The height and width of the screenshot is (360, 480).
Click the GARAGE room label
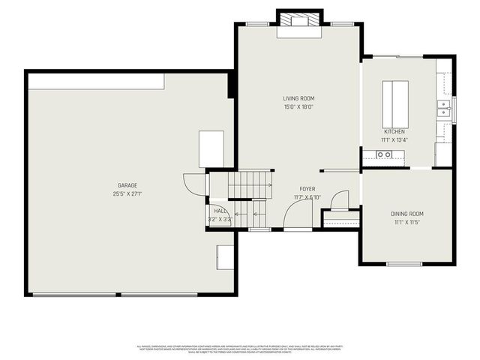127,185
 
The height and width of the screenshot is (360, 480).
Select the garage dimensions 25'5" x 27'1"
127,193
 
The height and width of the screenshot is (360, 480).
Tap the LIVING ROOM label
298,98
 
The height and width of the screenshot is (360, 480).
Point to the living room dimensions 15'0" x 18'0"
298,107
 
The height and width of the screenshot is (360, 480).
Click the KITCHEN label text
394,131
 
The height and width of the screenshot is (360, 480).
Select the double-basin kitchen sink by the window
444,109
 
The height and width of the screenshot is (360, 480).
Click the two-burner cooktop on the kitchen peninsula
383,154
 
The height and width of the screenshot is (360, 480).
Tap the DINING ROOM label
407,214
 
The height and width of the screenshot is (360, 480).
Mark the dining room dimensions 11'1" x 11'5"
407,223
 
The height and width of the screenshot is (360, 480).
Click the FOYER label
307,189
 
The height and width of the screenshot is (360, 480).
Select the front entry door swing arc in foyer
296,214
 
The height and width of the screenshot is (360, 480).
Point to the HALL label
220,211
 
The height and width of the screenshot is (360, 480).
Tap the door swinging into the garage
194,183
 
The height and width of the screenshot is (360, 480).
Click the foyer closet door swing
339,199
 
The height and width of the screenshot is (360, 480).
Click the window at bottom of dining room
404,264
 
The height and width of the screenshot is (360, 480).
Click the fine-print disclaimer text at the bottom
239,349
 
